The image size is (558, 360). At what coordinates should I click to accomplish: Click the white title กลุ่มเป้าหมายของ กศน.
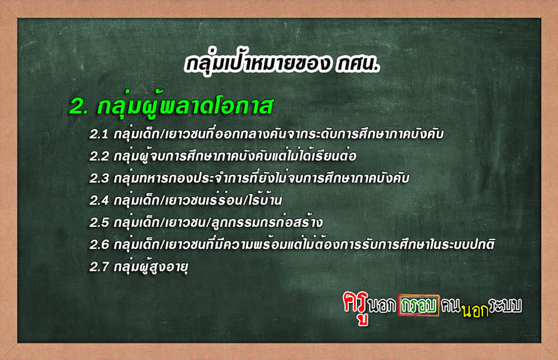tap(282, 64)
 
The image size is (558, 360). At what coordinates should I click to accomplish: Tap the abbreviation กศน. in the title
tap(357, 65)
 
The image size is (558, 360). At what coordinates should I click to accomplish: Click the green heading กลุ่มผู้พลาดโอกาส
tap(185, 105)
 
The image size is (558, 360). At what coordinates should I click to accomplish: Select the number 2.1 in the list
tap(99, 134)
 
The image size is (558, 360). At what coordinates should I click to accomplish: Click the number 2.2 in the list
tap(99, 156)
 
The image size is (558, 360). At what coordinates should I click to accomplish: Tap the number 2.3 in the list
tap(99, 179)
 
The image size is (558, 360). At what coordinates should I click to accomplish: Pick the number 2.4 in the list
tap(99, 201)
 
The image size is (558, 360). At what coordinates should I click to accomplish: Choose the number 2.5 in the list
tap(99, 223)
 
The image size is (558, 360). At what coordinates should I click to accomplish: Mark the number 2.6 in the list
tap(99, 245)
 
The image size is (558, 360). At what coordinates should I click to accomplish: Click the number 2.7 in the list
tap(99, 267)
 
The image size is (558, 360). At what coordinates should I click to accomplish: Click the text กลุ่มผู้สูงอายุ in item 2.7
tap(151, 267)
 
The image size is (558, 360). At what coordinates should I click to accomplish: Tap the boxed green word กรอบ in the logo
tap(419, 305)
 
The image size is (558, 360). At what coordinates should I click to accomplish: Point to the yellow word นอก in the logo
tap(475, 311)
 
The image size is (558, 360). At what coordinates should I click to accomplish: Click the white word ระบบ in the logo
tap(506, 305)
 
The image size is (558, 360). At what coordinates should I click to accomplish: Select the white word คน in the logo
tap(451, 305)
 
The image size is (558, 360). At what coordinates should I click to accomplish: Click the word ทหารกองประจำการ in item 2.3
tap(192, 178)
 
